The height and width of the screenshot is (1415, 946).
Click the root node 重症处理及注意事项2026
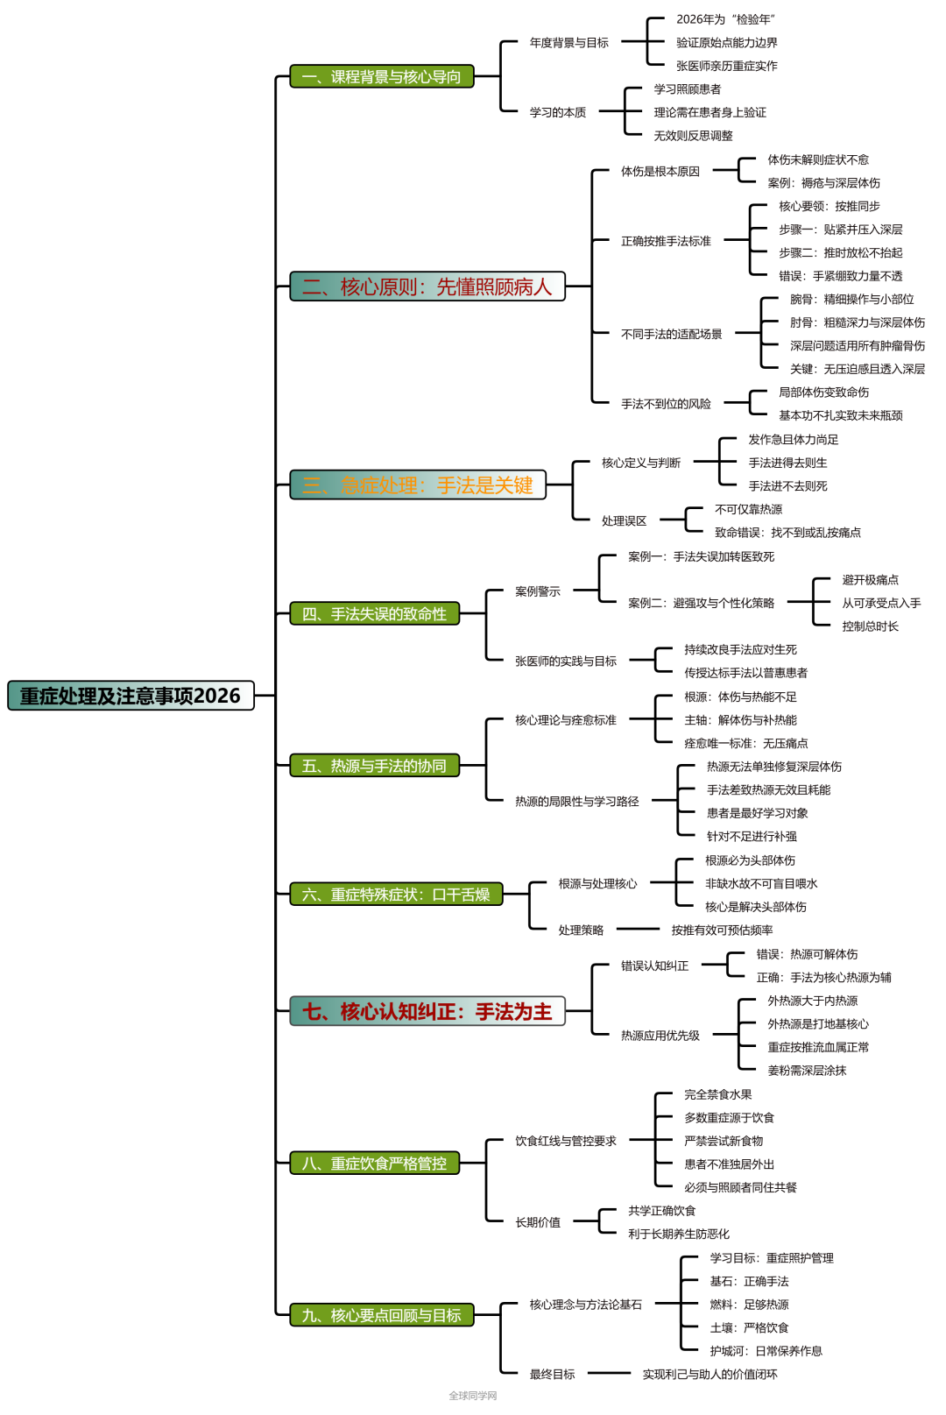coord(131,696)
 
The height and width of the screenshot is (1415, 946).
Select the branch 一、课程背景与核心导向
coord(381,77)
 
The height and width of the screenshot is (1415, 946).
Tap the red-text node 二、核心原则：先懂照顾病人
coord(427,287)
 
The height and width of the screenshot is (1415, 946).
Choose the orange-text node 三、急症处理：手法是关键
coord(417,485)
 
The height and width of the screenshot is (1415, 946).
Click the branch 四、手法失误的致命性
coord(374,614)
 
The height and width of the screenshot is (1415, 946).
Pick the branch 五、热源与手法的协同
coord(374,766)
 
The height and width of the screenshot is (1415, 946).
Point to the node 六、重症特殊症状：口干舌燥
coord(396,895)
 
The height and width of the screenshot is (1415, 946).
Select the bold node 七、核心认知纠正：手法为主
coord(427,1012)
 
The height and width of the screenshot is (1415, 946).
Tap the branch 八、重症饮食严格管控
coord(374,1164)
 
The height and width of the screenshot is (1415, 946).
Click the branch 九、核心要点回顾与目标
coord(381,1315)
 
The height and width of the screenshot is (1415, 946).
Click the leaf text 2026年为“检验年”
coord(725,19)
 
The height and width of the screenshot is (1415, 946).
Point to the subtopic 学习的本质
coord(558,112)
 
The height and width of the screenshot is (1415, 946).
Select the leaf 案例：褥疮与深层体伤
coord(823,183)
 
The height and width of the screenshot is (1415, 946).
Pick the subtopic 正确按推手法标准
coord(666,241)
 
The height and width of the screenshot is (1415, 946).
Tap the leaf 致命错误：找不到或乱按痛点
coord(787,533)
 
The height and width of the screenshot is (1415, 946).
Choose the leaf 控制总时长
coord(870,626)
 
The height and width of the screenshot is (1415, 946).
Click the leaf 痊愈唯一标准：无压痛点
coord(745,744)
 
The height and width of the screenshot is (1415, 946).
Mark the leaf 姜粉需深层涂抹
coord(807,1071)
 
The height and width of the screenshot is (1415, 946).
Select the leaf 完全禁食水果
coord(717,1094)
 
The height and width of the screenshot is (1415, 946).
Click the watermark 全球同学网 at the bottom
coord(473,1396)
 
